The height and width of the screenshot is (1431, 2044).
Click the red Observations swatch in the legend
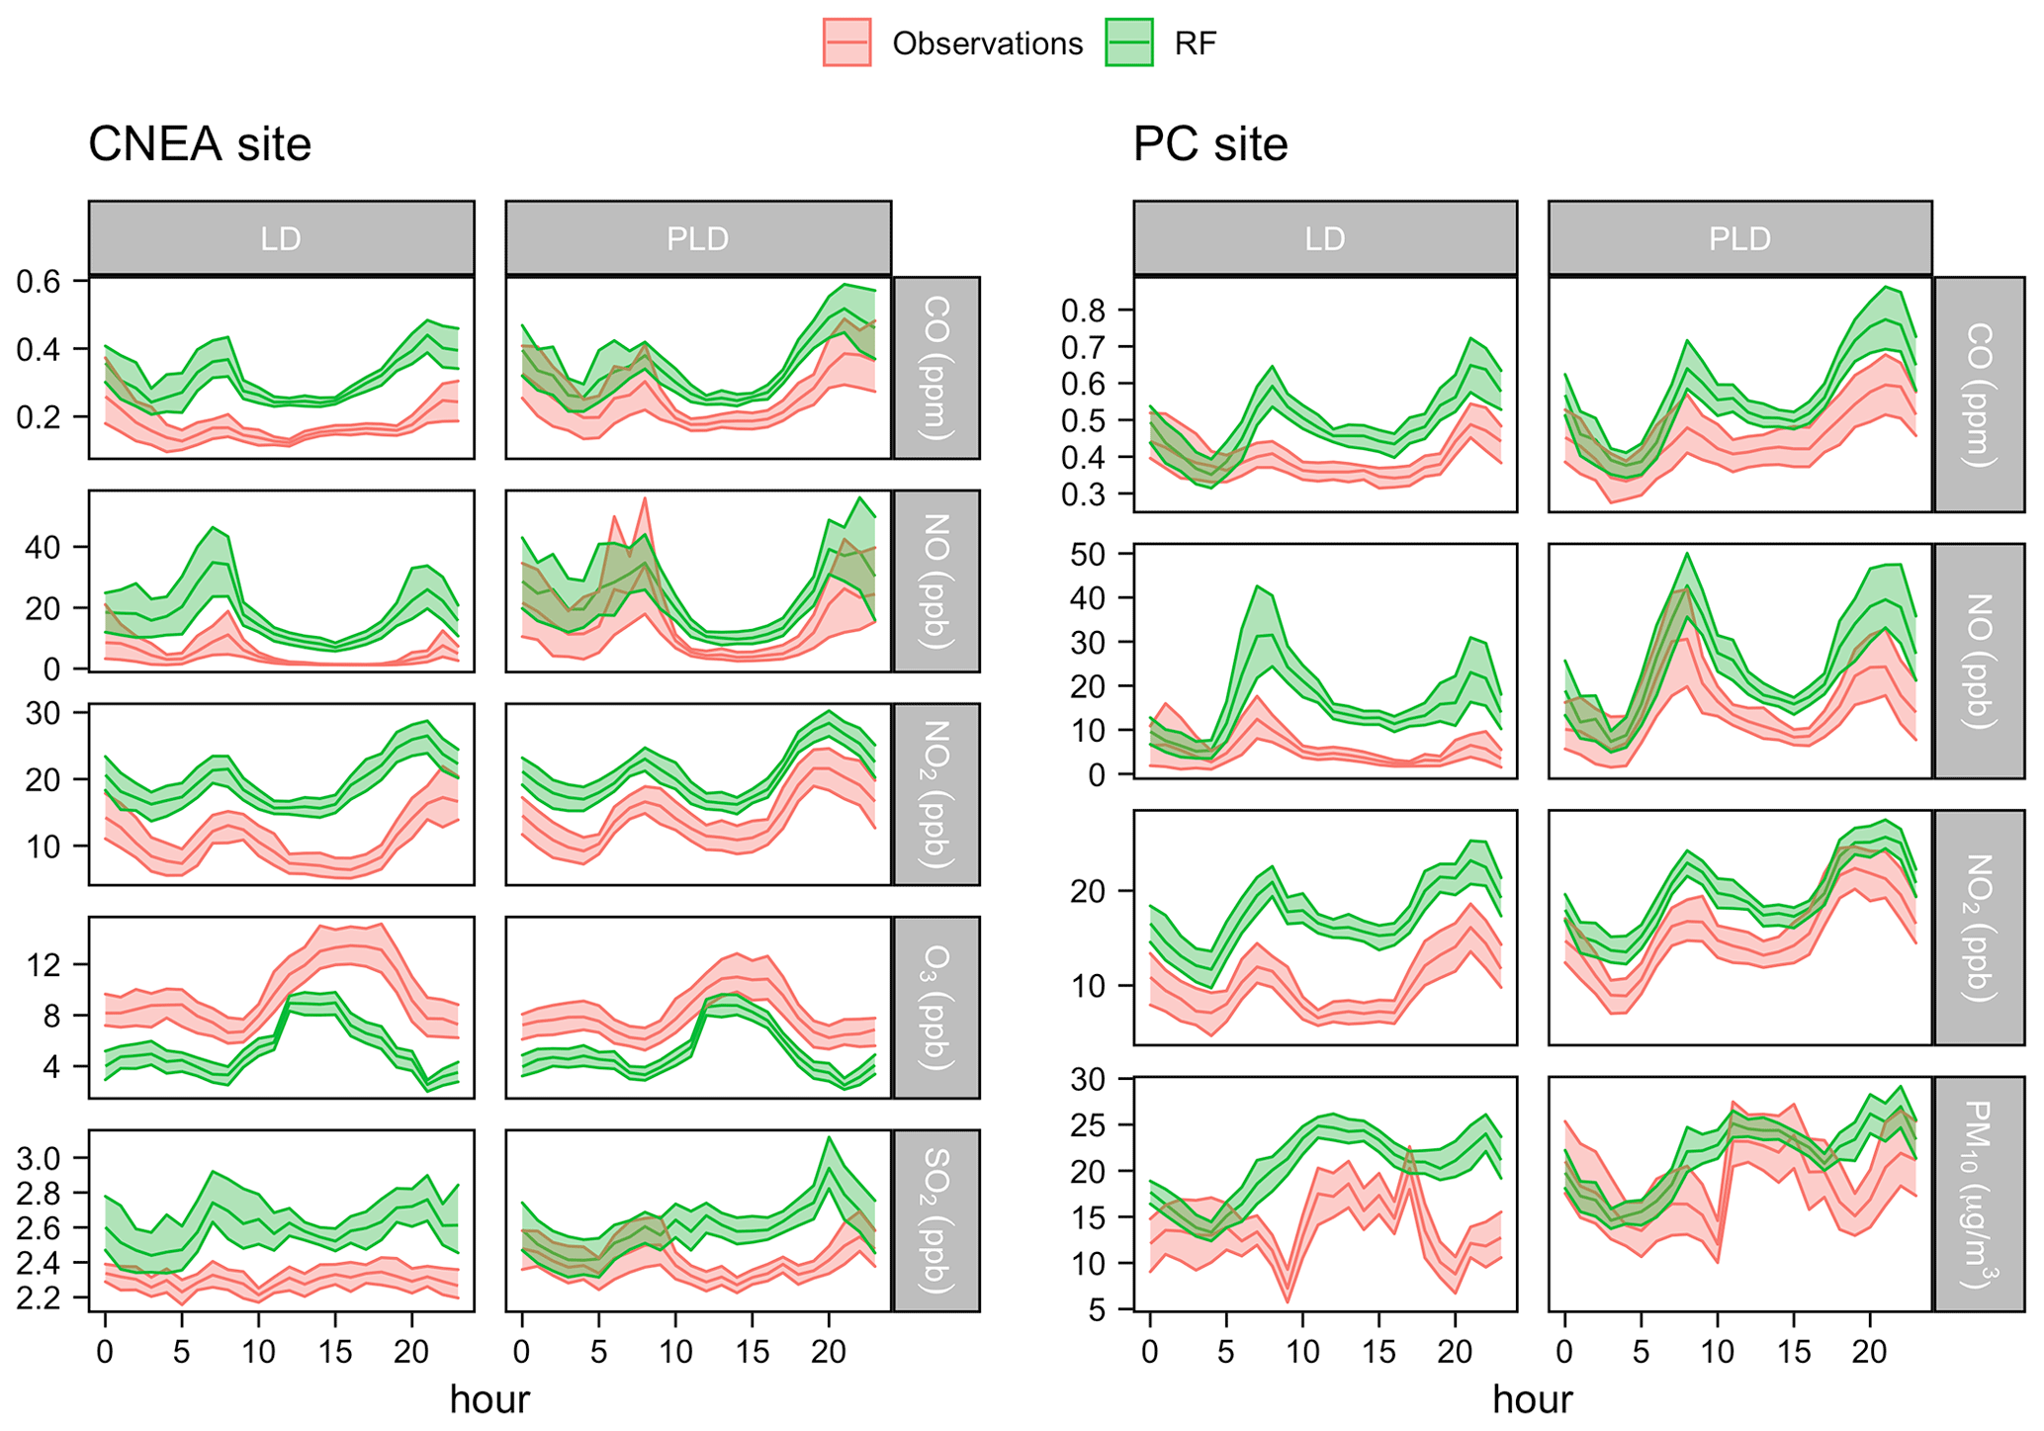pyautogui.click(x=846, y=43)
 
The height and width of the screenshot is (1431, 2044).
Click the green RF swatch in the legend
pyautogui.click(x=1128, y=43)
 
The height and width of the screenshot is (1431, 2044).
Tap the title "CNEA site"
pyautogui.click(x=200, y=144)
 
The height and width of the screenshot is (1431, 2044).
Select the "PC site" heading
pyautogui.click(x=1210, y=144)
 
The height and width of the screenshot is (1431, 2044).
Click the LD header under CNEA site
pyautogui.click(x=281, y=238)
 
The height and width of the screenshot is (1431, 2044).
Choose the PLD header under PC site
pyautogui.click(x=1739, y=238)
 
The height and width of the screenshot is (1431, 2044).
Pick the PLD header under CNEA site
pyautogui.click(x=698, y=238)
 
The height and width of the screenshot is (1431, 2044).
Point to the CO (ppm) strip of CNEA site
pyautogui.click(x=936, y=368)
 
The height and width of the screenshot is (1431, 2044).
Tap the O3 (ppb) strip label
pyautogui.click(x=936, y=1007)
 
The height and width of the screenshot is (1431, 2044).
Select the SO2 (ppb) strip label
pyautogui.click(x=936, y=1220)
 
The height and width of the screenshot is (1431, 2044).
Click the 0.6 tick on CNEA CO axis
pyautogui.click(x=39, y=282)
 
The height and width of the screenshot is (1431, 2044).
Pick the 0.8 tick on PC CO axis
pyautogui.click(x=1083, y=311)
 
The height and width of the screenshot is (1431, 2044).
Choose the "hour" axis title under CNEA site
pyautogui.click(x=489, y=1399)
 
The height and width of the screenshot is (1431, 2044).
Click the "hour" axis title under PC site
pyautogui.click(x=1532, y=1399)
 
